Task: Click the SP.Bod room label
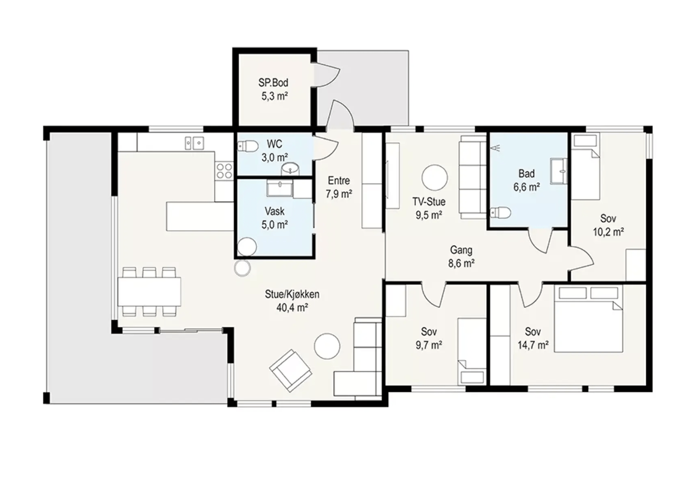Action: (273, 82)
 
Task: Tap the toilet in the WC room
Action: (248, 146)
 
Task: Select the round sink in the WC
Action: (290, 169)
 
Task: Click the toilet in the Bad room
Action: (500, 212)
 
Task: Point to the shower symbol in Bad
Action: (496, 148)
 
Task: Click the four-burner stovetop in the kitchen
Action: (224, 171)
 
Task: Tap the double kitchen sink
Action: (194, 143)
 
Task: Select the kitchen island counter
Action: (200, 216)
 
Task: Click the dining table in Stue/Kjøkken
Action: (149, 292)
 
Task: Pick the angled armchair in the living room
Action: (291, 371)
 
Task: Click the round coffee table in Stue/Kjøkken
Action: (327, 346)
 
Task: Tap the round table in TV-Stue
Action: (434, 178)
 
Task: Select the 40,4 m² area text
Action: (292, 307)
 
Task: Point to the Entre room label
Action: (339, 180)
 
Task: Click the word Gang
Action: (461, 250)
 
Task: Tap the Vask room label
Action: (274, 211)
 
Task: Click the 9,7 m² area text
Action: (429, 345)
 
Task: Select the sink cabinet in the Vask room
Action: (279, 188)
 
